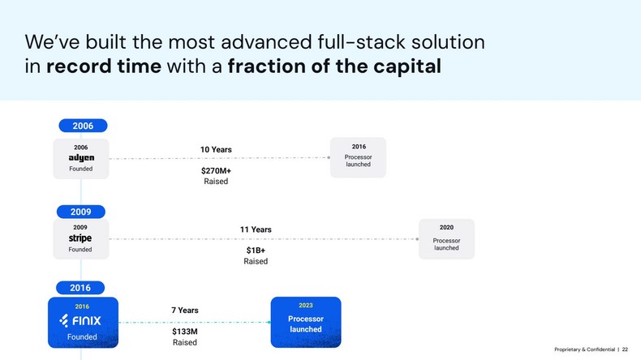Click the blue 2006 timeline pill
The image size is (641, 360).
point(83,126)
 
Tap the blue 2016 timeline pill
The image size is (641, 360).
point(80,288)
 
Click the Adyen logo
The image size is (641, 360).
point(81,158)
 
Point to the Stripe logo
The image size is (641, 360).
point(80,238)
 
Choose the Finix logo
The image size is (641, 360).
point(81,321)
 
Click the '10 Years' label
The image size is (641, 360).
point(216,149)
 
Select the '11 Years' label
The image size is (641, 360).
point(256,229)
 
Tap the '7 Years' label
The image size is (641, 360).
point(184,311)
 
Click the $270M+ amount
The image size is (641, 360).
point(216,171)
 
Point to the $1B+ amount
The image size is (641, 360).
point(256,251)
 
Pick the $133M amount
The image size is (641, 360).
point(184,332)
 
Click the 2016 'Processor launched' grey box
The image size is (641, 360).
point(358,157)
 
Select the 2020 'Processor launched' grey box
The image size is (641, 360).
point(446,239)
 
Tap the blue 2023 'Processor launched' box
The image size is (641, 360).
point(305,322)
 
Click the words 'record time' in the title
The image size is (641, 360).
point(103,66)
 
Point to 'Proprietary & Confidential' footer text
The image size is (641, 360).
point(584,349)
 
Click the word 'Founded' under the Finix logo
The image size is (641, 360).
point(81,337)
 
